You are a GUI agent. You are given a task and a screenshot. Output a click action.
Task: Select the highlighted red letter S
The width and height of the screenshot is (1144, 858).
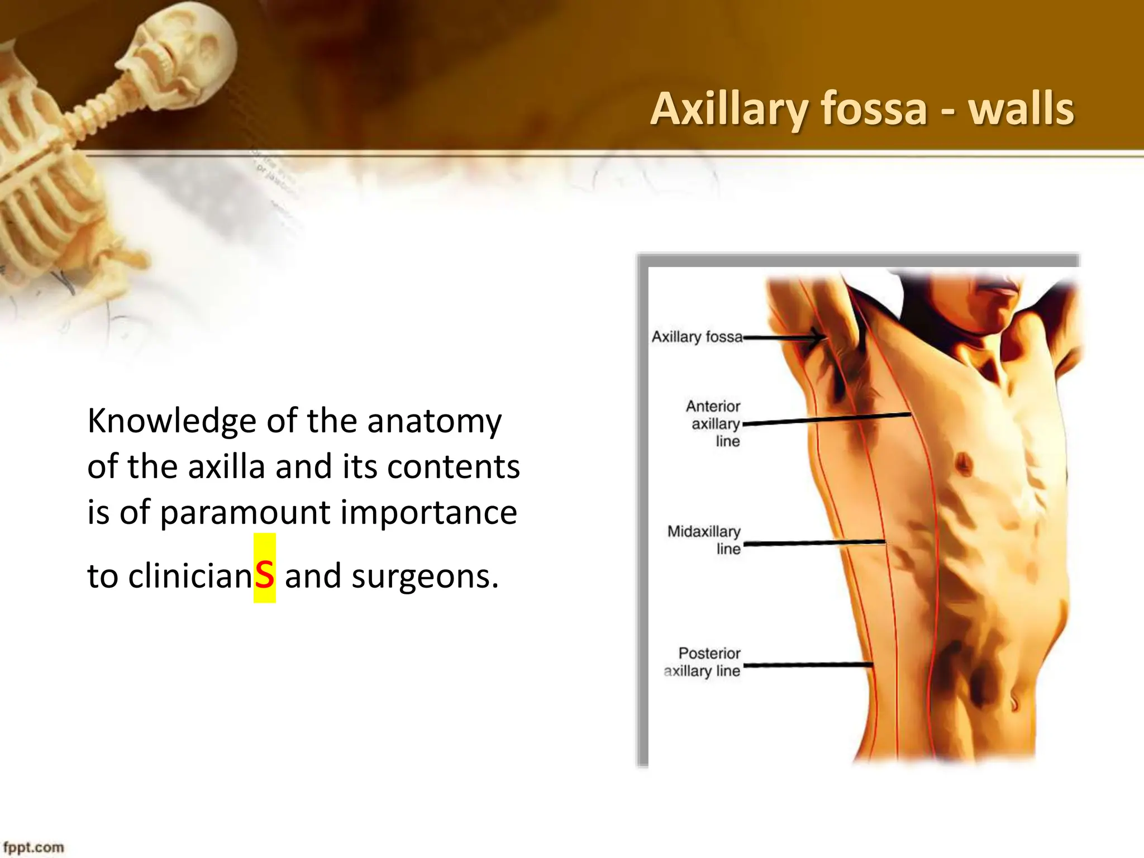[x=264, y=575]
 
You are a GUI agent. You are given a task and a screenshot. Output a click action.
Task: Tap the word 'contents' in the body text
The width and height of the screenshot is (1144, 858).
[x=453, y=466]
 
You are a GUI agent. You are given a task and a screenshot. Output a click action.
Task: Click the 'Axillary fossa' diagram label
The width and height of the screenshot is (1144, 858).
[x=697, y=337]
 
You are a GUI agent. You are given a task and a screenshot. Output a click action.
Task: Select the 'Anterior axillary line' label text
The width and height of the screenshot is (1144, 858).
[x=714, y=423]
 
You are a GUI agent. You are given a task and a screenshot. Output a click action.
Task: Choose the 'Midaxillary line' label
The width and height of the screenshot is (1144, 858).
[x=704, y=540]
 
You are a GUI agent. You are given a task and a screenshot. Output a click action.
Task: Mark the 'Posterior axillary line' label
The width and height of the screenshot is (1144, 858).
[x=703, y=662]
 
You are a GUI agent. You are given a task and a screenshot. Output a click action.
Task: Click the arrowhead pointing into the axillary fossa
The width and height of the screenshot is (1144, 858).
[x=818, y=337]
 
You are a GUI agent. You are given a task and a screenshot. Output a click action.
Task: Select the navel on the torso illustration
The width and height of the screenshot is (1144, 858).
[x=1014, y=700]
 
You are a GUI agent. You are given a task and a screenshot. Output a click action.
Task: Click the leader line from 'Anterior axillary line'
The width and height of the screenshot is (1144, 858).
[x=827, y=420]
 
